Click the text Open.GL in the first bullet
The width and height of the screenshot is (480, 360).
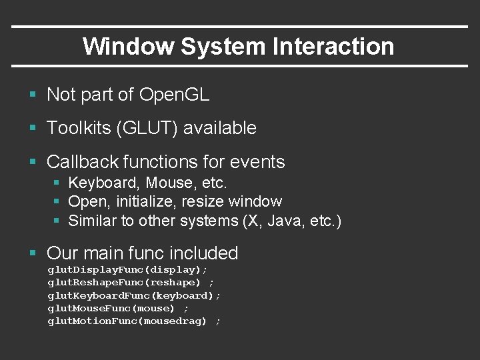coord(174,95)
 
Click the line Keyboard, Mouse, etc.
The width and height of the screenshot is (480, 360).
coord(148,183)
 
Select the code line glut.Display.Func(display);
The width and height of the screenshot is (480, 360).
coord(127,270)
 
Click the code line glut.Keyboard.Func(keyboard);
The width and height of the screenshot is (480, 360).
coord(134,295)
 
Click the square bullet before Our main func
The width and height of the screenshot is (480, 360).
coord(33,253)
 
